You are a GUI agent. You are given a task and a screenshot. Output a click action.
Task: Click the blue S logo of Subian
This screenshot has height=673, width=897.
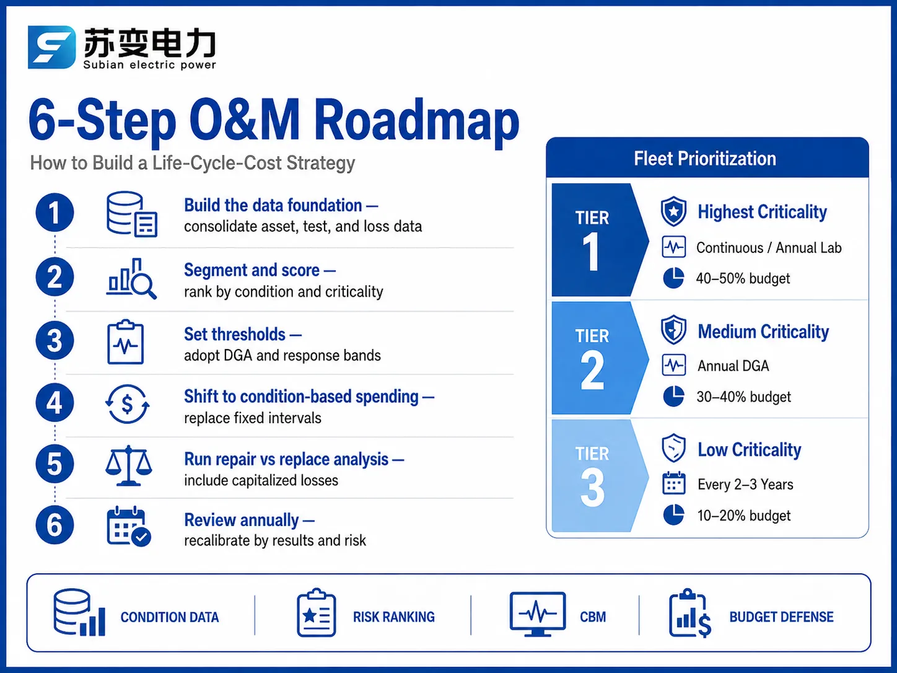pyautogui.click(x=51, y=47)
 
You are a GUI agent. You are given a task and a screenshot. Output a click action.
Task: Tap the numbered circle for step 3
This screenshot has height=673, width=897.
pyautogui.click(x=55, y=340)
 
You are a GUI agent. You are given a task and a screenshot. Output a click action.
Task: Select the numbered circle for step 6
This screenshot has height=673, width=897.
pyautogui.click(x=55, y=525)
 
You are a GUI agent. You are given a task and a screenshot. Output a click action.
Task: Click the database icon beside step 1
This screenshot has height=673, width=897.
pyautogui.click(x=131, y=214)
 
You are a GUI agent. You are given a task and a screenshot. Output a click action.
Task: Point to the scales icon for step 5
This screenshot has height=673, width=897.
pyautogui.click(x=129, y=465)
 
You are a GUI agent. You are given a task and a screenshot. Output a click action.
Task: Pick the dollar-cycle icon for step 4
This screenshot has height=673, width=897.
pyautogui.click(x=128, y=404)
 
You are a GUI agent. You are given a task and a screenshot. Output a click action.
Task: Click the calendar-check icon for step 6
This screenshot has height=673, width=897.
pyautogui.click(x=129, y=526)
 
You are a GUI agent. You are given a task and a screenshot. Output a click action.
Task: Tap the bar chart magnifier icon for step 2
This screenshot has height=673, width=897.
pyautogui.click(x=131, y=279)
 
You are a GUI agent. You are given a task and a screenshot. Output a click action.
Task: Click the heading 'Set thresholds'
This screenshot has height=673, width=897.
pyautogui.click(x=235, y=334)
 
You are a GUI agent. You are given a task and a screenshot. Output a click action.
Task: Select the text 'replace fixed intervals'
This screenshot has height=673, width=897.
pyautogui.click(x=253, y=418)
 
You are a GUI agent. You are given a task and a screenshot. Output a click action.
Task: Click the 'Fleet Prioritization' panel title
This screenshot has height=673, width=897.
pyautogui.click(x=705, y=159)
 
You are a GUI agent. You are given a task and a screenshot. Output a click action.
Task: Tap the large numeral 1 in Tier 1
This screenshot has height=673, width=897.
pyautogui.click(x=592, y=252)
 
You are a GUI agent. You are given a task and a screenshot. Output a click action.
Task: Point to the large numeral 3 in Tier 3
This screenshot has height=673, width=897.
pyautogui.click(x=592, y=488)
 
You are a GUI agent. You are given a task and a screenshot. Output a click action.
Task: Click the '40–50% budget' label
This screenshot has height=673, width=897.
pyautogui.click(x=743, y=278)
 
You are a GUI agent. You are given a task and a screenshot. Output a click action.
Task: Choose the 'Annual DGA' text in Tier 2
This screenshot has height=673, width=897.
pyautogui.click(x=733, y=366)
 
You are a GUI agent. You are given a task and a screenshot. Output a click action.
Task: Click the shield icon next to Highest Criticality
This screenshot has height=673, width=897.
pyautogui.click(x=673, y=211)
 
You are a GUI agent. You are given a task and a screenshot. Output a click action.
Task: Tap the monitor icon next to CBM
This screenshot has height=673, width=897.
pyautogui.click(x=538, y=614)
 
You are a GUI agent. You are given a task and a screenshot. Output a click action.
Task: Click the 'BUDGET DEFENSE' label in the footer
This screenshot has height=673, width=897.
pyautogui.click(x=781, y=617)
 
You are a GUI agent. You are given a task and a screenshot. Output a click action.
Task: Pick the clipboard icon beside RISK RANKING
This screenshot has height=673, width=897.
pyautogui.click(x=317, y=612)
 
